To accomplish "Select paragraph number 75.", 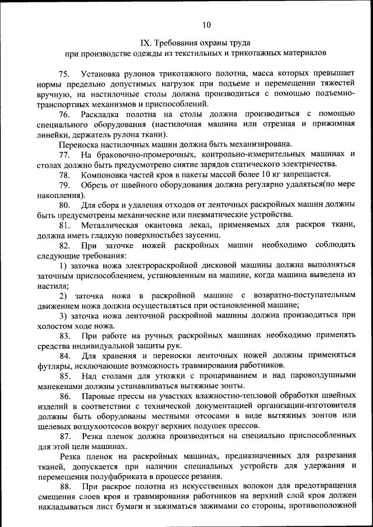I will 64,74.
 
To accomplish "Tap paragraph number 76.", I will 64,114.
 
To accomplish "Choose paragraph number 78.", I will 64,175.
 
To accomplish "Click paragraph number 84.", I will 64,356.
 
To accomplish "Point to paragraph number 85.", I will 64,376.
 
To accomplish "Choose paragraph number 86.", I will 64,397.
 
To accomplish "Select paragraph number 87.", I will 64,437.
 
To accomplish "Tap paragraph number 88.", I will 64,487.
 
